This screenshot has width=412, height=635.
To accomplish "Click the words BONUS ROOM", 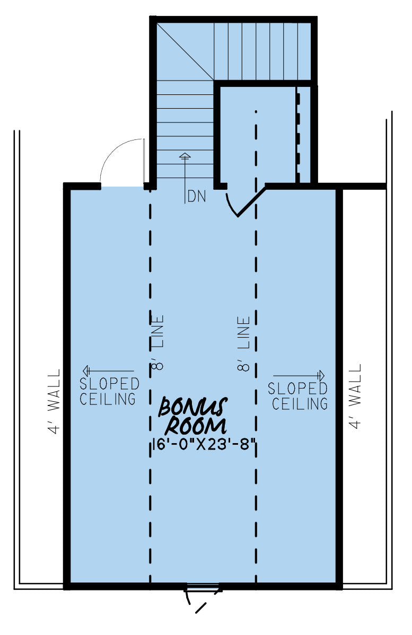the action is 193,417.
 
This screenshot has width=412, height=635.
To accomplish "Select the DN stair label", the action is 197,197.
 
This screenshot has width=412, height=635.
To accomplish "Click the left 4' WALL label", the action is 54,401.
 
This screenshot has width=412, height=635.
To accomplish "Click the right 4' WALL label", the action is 355,396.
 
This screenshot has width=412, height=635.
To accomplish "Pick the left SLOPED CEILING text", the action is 109,391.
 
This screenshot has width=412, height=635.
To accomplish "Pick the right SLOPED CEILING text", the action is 298,396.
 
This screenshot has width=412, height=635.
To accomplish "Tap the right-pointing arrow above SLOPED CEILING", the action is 299,375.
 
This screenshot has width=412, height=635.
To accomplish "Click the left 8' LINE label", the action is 157,342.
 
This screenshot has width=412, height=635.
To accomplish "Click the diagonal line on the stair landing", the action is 185,51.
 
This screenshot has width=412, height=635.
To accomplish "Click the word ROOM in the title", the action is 196,427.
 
